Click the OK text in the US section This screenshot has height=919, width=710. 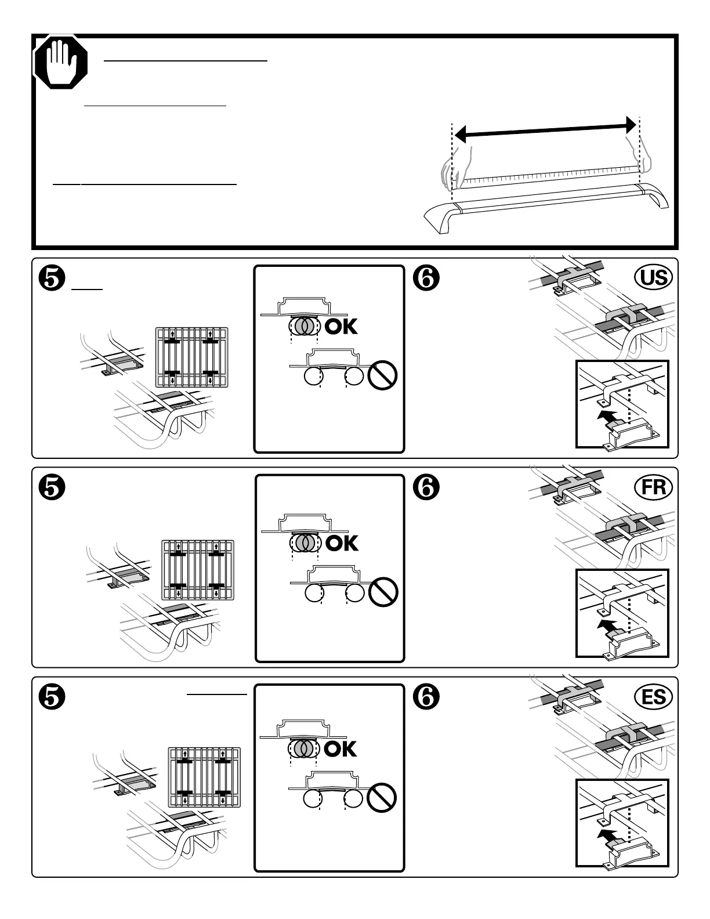coord(341,327)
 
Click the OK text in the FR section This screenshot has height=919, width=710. coord(342,543)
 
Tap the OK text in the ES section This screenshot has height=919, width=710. coord(341,749)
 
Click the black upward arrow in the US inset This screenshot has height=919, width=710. coord(607,416)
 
